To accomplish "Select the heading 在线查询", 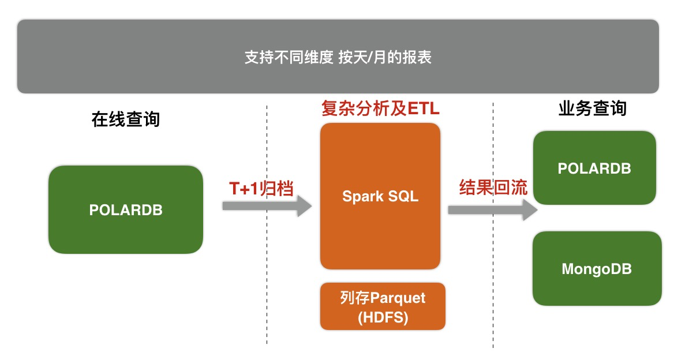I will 126,119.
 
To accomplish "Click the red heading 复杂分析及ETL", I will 380,109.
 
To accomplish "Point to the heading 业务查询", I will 593,108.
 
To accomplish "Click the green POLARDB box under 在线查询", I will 126,210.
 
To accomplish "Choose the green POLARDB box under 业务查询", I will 594,168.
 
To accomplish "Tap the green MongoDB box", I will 597,269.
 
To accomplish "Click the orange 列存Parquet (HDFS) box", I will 383,306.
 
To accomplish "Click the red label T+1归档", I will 261,189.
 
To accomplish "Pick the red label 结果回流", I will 493,187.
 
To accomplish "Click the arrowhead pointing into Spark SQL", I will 304,205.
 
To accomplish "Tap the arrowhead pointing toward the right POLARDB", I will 529,210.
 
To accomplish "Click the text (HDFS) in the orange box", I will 383,317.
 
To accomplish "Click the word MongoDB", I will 597,269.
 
